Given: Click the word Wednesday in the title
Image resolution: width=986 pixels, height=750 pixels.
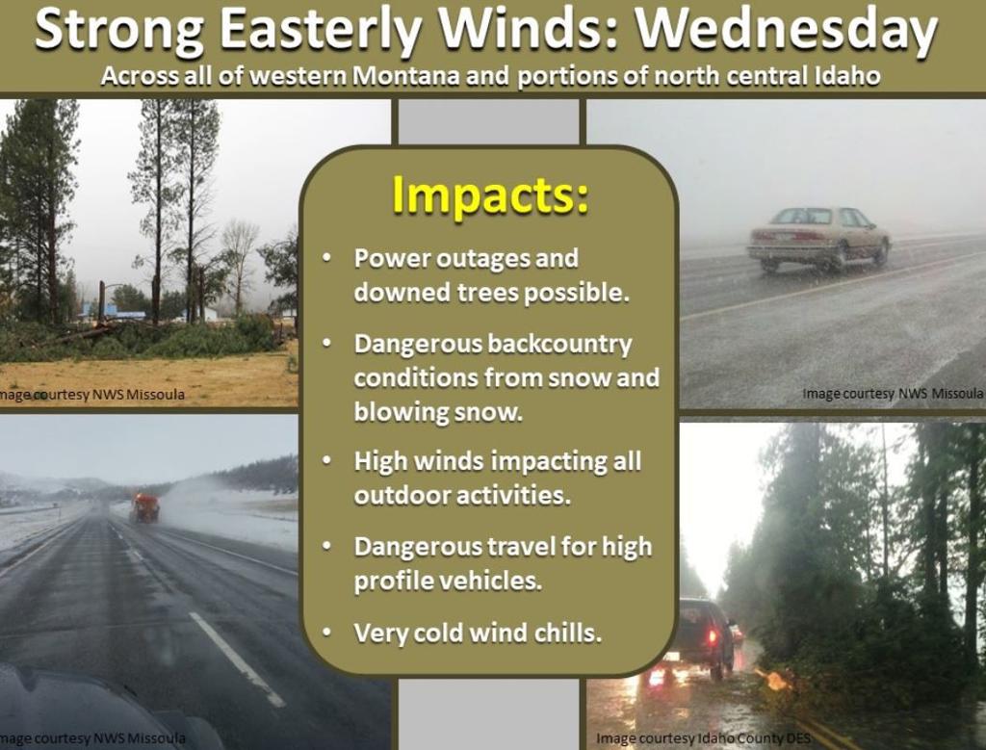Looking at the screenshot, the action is (x=786, y=32).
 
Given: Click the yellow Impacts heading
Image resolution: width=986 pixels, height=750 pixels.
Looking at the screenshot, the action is (x=490, y=195).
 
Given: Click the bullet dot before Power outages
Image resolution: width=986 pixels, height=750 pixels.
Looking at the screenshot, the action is (x=326, y=258).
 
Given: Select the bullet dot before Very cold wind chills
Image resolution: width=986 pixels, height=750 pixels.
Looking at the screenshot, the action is (x=326, y=632).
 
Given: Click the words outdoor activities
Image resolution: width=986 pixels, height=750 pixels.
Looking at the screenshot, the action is (x=462, y=495).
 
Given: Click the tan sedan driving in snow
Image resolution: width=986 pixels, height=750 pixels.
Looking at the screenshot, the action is (x=818, y=240).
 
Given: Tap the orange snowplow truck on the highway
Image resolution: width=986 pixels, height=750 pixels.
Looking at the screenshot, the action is (x=145, y=508).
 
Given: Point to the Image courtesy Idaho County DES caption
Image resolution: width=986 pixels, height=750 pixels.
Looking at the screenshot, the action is (x=703, y=738).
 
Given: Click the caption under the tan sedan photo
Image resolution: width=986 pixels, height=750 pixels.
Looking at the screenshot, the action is (x=893, y=394).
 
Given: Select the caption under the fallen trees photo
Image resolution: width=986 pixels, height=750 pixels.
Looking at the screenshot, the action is (x=92, y=395).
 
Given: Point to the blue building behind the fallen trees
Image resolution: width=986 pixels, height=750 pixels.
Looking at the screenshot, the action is (x=114, y=311).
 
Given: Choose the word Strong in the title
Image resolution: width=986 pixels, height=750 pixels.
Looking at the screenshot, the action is (x=119, y=33).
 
